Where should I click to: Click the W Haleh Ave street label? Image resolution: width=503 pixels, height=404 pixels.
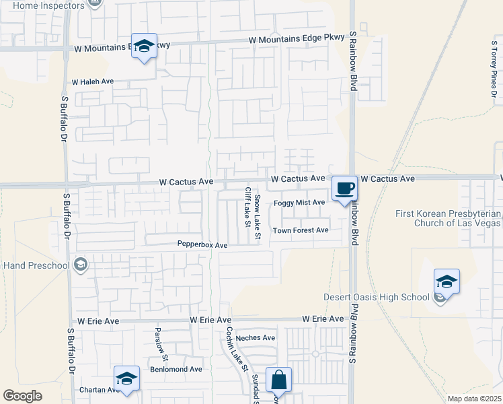pos(93,81)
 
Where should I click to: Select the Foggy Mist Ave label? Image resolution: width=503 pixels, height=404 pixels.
pos(299,203)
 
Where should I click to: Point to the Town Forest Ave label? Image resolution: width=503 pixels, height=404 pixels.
pos(300,230)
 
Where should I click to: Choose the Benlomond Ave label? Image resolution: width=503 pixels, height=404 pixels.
pos(176,370)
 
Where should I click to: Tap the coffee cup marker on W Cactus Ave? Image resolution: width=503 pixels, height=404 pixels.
pos(344,188)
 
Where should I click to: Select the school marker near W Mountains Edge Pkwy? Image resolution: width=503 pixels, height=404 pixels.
pos(144,46)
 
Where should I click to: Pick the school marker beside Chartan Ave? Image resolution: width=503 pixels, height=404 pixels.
pos(126,379)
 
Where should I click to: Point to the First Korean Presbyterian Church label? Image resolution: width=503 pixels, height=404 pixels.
pos(447,218)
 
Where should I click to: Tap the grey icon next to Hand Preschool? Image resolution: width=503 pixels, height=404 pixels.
pos(81,264)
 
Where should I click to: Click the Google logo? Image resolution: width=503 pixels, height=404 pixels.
pos(22,396)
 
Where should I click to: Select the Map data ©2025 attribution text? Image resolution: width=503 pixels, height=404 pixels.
pos(474,399)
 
